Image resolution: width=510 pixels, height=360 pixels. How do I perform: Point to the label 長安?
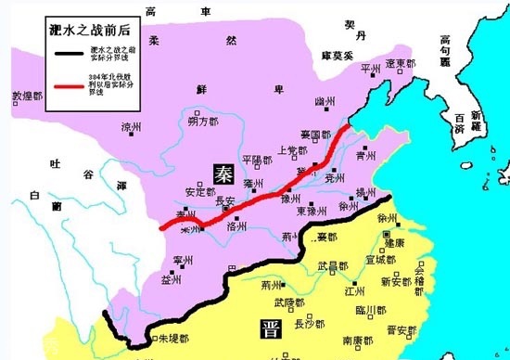tap(226, 199)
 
